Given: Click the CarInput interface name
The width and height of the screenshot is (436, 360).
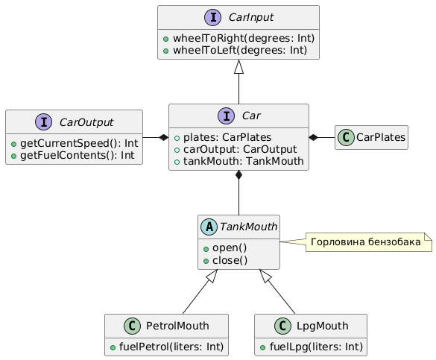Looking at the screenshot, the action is coord(251,17).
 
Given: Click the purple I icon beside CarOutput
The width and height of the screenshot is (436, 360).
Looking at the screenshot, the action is coord(44,121).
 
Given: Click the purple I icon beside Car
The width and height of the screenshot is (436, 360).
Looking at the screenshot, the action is coord(227,116).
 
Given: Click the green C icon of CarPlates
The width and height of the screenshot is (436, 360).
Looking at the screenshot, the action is coord(346,137).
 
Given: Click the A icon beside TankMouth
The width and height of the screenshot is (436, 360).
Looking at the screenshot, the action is coord(209,227).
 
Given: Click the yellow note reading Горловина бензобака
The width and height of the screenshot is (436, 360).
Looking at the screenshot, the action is coord(369,242).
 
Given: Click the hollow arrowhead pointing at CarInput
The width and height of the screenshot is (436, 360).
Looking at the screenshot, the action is coord(238,67).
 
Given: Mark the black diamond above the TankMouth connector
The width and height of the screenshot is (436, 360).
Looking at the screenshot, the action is coord(238,175).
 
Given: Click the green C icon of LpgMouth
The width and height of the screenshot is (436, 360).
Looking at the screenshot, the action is coord(282,326).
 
